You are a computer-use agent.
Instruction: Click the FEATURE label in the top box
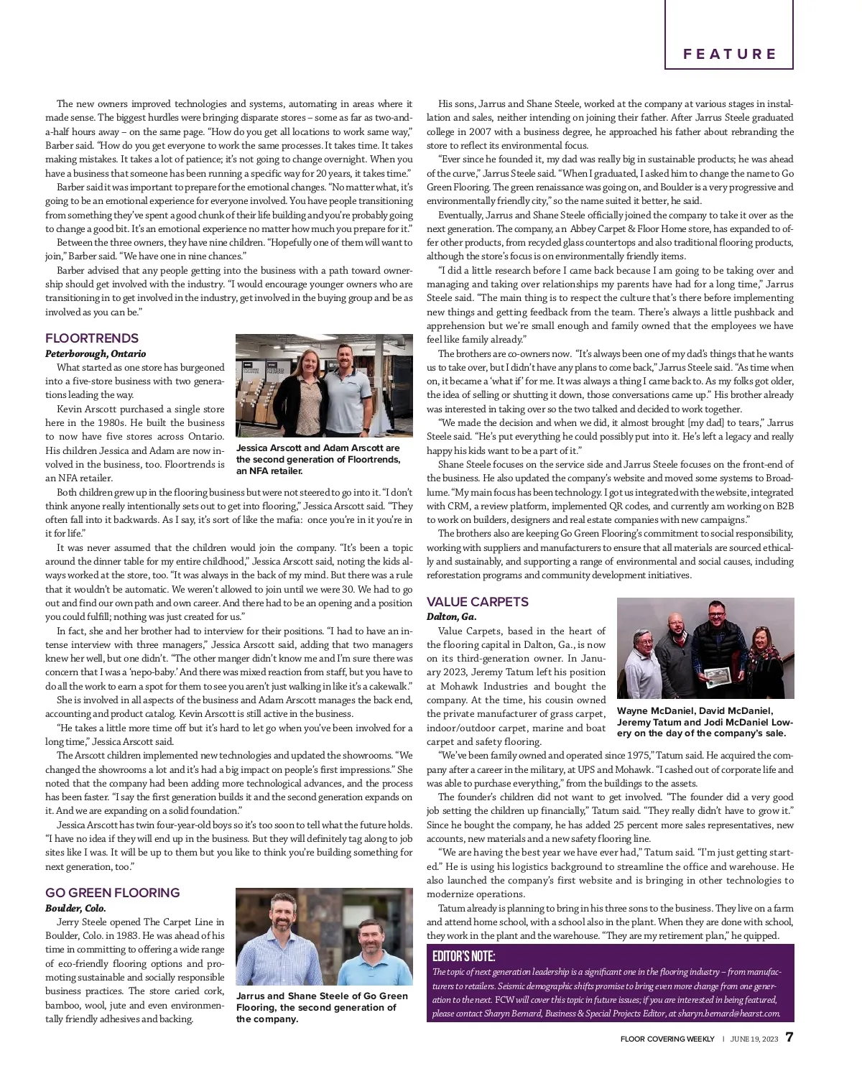[x=729, y=54]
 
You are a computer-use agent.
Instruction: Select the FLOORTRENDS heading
[x=92, y=338]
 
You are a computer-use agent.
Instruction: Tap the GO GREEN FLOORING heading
[x=112, y=893]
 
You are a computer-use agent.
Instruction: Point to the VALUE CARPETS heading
[x=478, y=602]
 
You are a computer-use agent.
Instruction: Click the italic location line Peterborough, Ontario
[x=96, y=353]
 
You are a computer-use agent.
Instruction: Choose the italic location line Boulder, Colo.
[x=75, y=908]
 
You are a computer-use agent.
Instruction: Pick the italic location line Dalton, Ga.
[x=452, y=616]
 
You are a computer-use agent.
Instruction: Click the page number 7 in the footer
[x=789, y=1038]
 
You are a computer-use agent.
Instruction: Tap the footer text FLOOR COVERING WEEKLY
[x=667, y=1039]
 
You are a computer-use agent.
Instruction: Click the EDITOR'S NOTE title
[x=463, y=956]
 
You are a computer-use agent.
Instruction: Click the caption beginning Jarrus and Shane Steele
[x=322, y=1007]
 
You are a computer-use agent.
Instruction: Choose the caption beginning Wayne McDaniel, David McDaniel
[x=705, y=722]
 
